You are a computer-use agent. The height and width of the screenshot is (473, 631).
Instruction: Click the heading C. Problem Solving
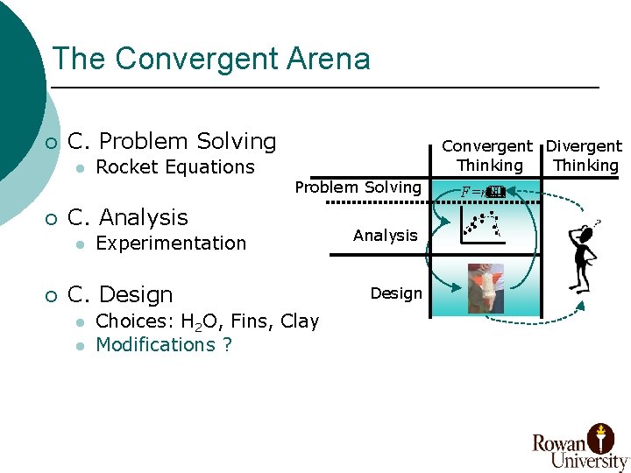click(172, 141)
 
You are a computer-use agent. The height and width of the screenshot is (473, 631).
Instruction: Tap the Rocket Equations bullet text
click(174, 167)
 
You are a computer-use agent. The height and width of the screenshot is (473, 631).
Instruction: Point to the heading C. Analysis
click(128, 217)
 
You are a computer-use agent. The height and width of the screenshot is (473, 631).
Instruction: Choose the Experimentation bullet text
click(171, 244)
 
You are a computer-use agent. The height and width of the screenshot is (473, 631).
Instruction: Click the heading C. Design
click(120, 294)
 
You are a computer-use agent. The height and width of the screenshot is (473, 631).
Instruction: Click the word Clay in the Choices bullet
click(300, 321)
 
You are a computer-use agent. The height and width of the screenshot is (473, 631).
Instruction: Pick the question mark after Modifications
click(227, 345)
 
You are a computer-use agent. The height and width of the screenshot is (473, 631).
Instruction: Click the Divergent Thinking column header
click(585, 156)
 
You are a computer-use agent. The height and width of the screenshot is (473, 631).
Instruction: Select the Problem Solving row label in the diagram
click(358, 187)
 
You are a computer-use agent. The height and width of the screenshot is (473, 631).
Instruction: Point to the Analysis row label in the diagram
click(385, 235)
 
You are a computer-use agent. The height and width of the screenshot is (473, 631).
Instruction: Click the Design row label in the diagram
click(396, 293)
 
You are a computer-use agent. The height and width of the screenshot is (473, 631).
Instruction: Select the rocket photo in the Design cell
click(486, 288)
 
